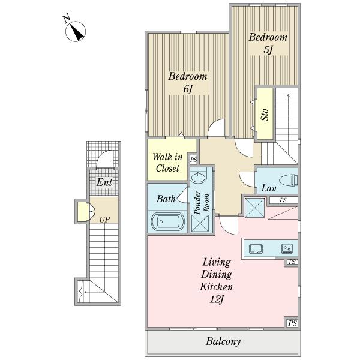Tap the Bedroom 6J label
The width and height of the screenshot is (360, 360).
[188, 82]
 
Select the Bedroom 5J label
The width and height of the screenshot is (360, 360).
[268, 43]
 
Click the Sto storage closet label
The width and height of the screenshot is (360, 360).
[265, 115]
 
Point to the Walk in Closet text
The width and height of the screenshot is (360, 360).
[167, 163]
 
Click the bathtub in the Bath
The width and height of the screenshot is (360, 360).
[167, 222]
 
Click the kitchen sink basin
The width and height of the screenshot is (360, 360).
[256, 249]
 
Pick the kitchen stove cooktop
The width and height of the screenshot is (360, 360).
[287, 248]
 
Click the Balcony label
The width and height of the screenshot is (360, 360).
[223, 341]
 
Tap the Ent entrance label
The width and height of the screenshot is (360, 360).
[104, 182]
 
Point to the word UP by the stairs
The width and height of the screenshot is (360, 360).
[104, 220]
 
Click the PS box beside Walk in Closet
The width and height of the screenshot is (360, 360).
[193, 160]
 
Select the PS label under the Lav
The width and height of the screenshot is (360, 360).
[283, 200]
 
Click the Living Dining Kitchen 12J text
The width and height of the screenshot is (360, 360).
[217, 281]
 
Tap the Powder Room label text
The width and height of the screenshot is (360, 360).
[202, 203]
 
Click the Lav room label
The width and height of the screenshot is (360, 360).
[269, 188]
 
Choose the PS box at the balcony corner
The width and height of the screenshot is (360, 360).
[292, 323]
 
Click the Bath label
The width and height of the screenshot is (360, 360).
[166, 199]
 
